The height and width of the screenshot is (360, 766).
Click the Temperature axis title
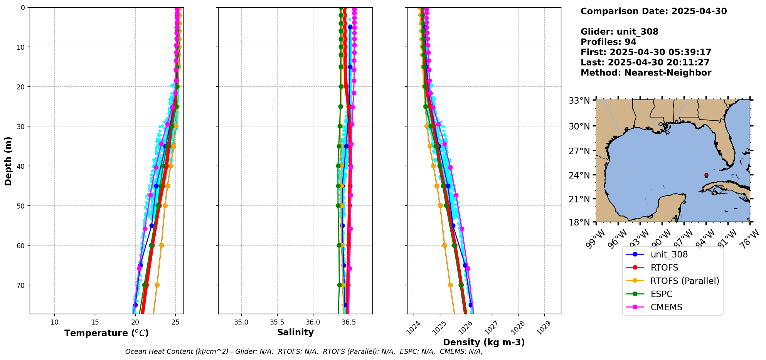pyautogui.click(x=106, y=333)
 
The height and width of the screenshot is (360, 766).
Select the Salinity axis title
pyautogui.click(x=295, y=332)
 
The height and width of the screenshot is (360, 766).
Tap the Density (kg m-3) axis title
pyautogui.click(x=484, y=342)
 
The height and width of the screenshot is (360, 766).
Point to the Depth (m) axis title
pyautogui.click(x=8, y=161)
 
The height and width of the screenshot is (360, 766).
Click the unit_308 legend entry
pyautogui.click(x=669, y=254)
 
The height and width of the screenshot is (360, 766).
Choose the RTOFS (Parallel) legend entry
pyautogui.click(x=685, y=281)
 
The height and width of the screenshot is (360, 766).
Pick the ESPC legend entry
pyautogui.click(x=661, y=294)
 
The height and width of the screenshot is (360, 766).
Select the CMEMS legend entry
pyautogui.click(x=666, y=307)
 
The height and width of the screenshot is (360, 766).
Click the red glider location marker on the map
pyautogui.click(x=706, y=175)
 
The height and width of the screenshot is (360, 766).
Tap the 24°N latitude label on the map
pyautogui.click(x=579, y=175)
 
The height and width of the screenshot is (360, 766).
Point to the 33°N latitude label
pyautogui.click(x=579, y=101)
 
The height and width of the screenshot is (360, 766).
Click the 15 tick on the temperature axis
pyautogui.click(x=95, y=322)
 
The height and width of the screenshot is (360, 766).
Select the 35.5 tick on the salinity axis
pyautogui.click(x=277, y=322)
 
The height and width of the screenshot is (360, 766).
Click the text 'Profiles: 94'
pyautogui.click(x=608, y=42)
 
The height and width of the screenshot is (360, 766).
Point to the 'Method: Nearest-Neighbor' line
pyautogui.click(x=646, y=73)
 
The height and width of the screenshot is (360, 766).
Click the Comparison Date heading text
pyautogui.click(x=653, y=11)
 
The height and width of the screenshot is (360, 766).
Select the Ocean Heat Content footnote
pyautogui.click(x=304, y=352)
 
